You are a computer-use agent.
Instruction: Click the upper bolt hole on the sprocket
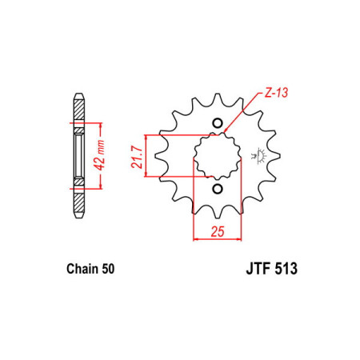(x=218, y=123)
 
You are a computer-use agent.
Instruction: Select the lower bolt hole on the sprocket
(x=218, y=189)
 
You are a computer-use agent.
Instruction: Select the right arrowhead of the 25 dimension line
(x=239, y=238)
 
